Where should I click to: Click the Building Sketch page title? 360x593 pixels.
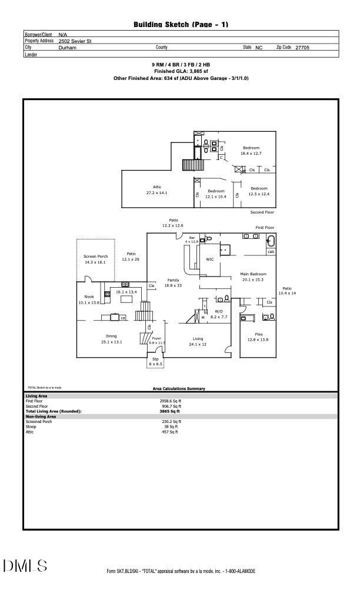181,24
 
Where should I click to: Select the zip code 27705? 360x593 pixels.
302,48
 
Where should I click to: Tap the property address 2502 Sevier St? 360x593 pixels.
75,41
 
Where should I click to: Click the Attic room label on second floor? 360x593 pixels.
157,187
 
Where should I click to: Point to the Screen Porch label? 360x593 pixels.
95,256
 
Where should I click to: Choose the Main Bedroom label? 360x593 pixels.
253,274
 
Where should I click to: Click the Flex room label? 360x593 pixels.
258,334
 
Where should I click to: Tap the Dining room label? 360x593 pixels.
111,336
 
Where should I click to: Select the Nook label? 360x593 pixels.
89,296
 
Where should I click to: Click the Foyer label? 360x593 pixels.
156,338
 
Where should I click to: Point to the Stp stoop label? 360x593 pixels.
155,359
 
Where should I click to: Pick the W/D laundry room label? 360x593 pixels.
219,311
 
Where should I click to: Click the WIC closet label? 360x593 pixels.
209,259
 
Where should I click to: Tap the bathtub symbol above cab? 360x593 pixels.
271,241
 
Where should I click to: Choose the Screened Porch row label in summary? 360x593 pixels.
39,421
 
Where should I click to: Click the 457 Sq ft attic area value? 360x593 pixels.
169,432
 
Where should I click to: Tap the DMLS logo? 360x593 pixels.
25,566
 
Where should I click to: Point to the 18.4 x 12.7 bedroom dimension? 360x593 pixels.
251,154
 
